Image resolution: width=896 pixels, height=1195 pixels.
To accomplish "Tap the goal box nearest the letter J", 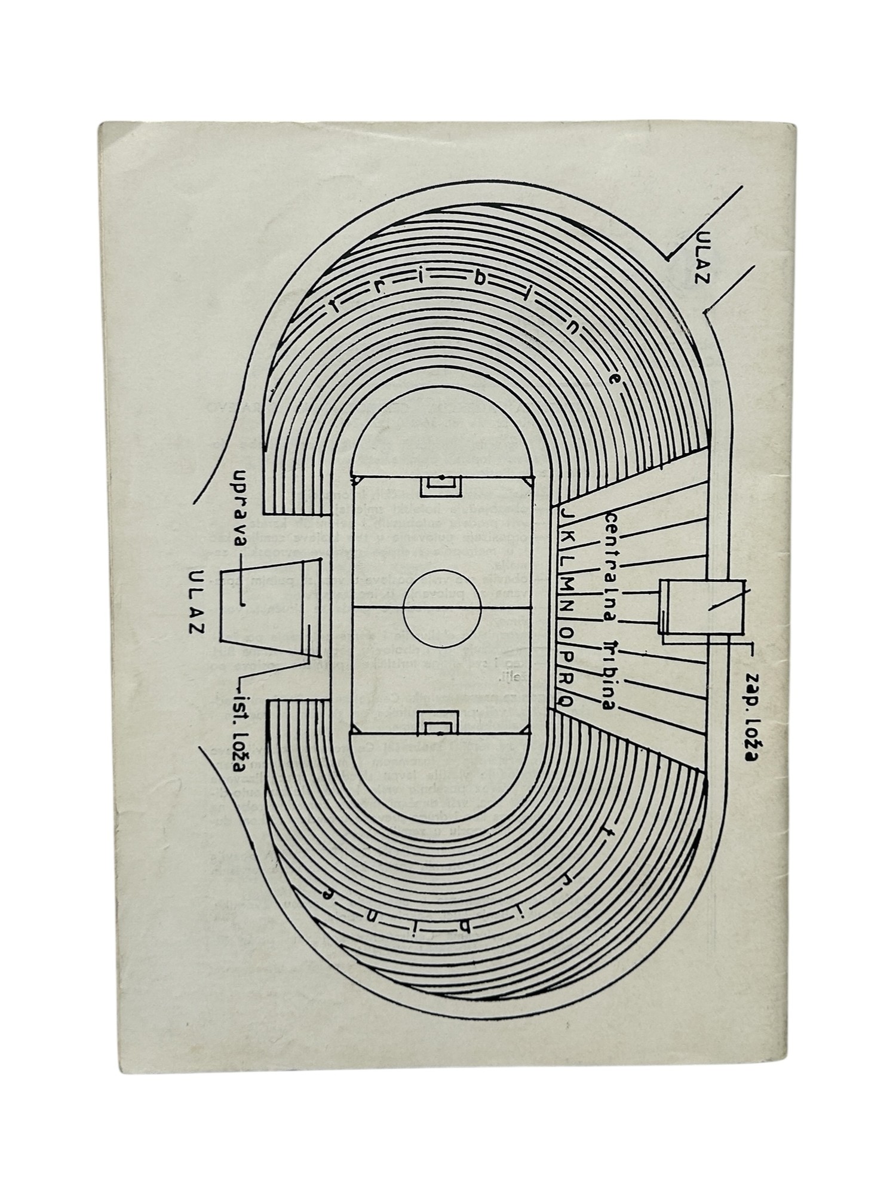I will (441, 486).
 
